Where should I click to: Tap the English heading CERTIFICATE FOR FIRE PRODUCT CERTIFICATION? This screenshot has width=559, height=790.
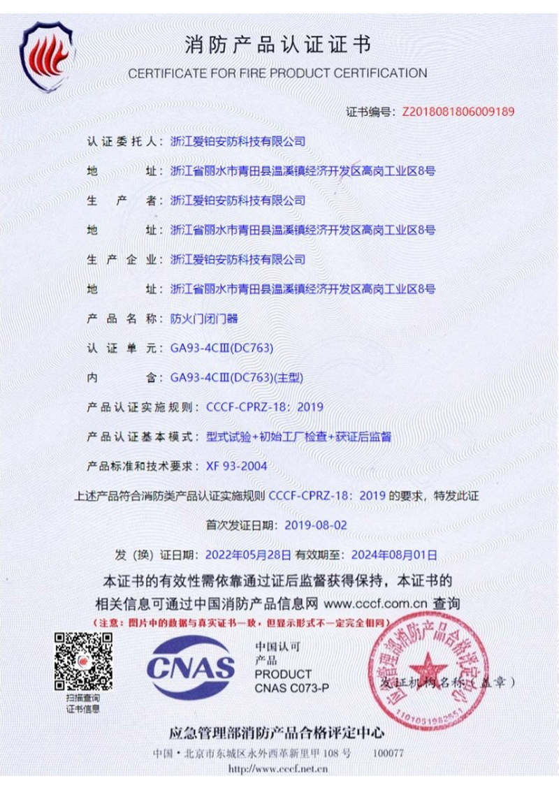click(277, 73)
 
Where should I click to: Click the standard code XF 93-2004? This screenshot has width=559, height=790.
click(236, 466)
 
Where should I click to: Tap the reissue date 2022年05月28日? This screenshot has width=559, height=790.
click(248, 555)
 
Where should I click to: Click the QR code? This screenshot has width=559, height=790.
click(83, 661)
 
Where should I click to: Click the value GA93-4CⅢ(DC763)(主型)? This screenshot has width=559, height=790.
click(237, 377)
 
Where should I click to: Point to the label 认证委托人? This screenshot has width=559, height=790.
click(124, 141)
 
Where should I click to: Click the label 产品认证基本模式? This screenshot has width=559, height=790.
click(139, 437)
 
